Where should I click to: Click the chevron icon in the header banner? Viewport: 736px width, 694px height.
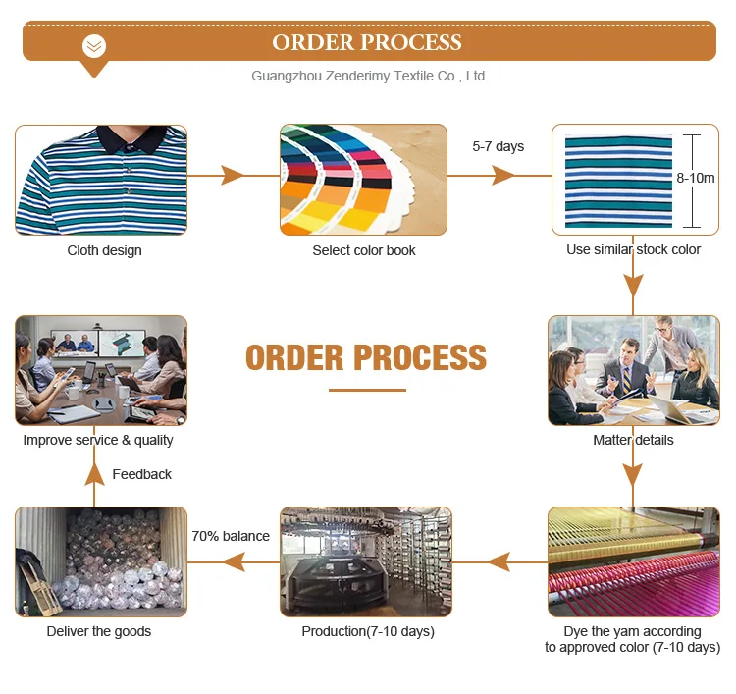click(94, 46)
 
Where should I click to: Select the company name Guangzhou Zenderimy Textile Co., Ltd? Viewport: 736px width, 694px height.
click(369, 76)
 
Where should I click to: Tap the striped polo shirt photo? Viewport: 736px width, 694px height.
click(101, 180)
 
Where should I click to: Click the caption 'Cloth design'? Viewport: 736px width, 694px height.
click(104, 250)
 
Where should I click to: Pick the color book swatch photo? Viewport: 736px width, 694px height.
click(364, 179)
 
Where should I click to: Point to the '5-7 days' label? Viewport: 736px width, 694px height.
click(498, 146)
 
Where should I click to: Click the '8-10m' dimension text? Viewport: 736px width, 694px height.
click(695, 178)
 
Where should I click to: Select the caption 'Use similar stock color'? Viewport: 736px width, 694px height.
click(633, 249)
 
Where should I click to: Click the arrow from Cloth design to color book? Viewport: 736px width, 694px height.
click(233, 176)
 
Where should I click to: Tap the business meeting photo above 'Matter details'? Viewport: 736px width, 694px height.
click(633, 370)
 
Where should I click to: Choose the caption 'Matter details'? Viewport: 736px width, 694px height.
click(633, 440)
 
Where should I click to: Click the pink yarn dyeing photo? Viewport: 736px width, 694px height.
click(633, 561)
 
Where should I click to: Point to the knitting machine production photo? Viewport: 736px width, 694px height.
click(365, 561)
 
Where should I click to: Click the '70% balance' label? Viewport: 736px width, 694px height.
click(231, 536)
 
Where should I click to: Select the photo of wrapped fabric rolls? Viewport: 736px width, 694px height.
click(101, 561)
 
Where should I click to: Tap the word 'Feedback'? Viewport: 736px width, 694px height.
click(141, 474)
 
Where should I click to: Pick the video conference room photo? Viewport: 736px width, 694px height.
click(101, 370)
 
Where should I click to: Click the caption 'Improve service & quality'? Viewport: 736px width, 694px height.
click(98, 440)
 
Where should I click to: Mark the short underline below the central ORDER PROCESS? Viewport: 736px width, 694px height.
click(366, 390)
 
